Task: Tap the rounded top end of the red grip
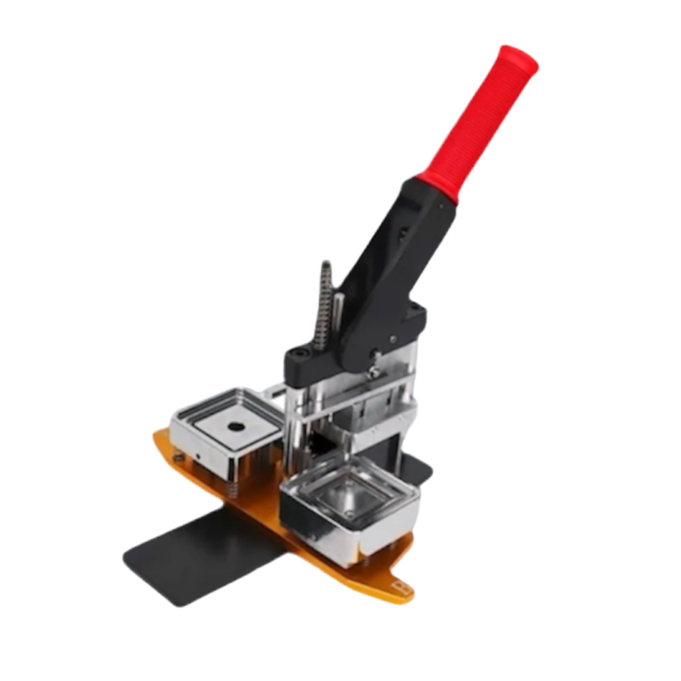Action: click(x=521, y=59)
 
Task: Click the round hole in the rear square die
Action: click(x=237, y=426)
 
